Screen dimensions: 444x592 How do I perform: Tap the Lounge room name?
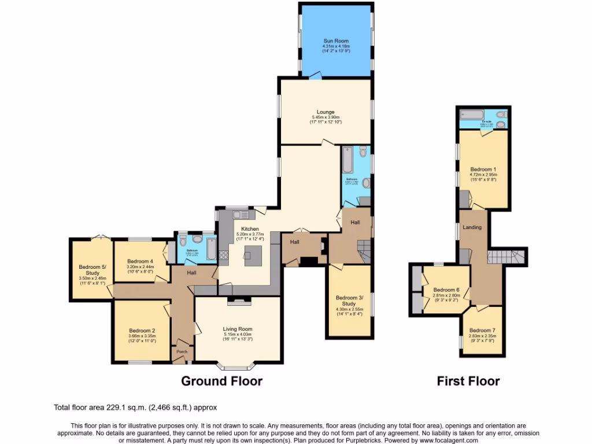(x=325, y=112)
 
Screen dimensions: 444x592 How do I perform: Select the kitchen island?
(x=252, y=254)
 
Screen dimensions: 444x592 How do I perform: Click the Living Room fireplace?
(x=238, y=301)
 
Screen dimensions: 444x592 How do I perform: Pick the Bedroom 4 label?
(x=140, y=261)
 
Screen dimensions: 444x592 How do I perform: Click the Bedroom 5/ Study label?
(x=92, y=270)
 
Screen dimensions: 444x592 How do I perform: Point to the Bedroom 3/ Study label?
(x=349, y=301)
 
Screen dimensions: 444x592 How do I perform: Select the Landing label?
(x=472, y=228)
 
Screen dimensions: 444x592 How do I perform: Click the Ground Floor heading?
(x=221, y=381)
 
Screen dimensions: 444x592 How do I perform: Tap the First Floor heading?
(x=468, y=381)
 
